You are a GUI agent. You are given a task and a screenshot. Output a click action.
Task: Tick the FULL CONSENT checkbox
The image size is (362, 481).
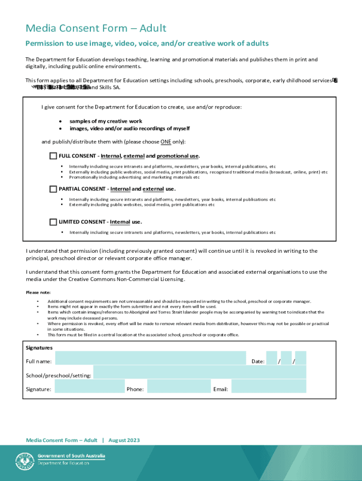pos(53,156)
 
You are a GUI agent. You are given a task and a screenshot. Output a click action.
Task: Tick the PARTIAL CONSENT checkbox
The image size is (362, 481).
pos(53,189)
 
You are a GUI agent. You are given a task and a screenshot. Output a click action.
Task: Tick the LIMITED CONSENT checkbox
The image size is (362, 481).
pos(53,222)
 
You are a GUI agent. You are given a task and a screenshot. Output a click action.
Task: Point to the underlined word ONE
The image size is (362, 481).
pos(165,142)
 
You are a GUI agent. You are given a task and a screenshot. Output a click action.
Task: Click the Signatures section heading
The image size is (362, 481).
pos(39,348)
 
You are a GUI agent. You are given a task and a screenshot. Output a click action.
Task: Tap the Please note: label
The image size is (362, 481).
pos(38,292)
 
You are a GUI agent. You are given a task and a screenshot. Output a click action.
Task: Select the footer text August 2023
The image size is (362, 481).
pos(124,440)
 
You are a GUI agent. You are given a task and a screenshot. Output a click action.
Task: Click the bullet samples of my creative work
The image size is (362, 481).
pos(106,121)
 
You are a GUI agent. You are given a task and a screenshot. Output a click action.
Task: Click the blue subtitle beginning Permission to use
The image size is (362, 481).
pos(147,44)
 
